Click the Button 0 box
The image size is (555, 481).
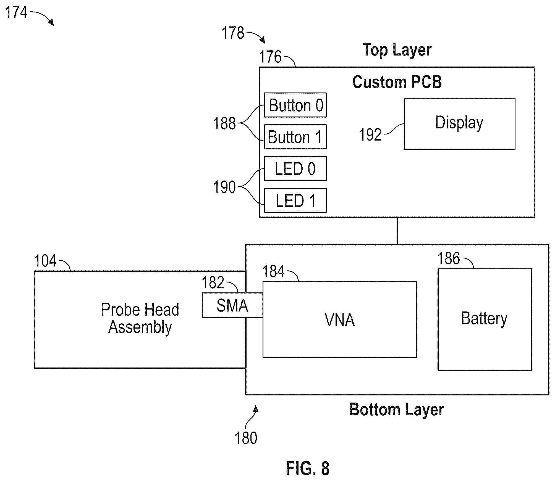(295, 105)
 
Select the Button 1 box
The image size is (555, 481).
(295, 137)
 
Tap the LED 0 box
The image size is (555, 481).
(295, 169)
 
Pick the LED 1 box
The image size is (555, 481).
(295, 200)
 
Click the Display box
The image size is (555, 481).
(460, 124)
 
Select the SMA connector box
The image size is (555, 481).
(232, 305)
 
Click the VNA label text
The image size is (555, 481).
(340, 320)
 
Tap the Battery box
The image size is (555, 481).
(485, 319)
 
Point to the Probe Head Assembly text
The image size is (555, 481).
(140, 318)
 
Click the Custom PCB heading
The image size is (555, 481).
(397, 82)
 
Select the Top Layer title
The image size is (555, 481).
(397, 50)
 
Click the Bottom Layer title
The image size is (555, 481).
(397, 409)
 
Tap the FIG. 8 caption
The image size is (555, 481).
(308, 468)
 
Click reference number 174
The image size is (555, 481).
(16, 12)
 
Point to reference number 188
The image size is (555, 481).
(224, 123)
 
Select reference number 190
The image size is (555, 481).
(224, 187)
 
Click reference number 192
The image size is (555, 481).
(370, 135)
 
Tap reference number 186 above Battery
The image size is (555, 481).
(449, 258)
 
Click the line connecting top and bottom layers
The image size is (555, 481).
(397, 231)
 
